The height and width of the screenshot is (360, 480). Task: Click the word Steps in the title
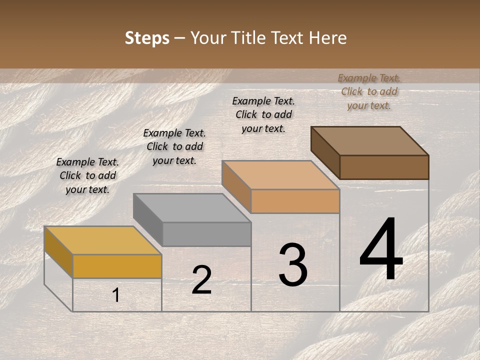point(147,38)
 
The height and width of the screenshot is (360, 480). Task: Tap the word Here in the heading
point(328,38)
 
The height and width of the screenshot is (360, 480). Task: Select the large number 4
point(381,250)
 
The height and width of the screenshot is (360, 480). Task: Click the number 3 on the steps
point(292,265)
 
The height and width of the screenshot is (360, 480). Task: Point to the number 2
point(201,280)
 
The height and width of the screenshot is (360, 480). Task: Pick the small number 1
point(116,295)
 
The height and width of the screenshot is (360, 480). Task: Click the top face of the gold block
point(102,240)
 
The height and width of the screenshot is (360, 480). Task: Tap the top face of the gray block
point(192,208)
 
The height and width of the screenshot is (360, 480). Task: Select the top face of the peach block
point(280,175)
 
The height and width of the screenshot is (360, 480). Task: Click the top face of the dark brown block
point(370,141)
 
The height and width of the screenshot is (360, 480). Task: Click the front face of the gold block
point(117,266)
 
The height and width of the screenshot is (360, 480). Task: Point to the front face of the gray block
point(206,234)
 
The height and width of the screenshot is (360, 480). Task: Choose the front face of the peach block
point(295,201)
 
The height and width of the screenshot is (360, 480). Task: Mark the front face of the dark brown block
point(384,167)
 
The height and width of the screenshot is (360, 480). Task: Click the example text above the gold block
point(87,175)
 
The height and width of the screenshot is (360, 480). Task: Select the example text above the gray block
point(174,146)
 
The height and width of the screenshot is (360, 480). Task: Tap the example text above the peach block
point(263,114)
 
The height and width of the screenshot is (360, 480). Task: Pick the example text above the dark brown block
point(369,91)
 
